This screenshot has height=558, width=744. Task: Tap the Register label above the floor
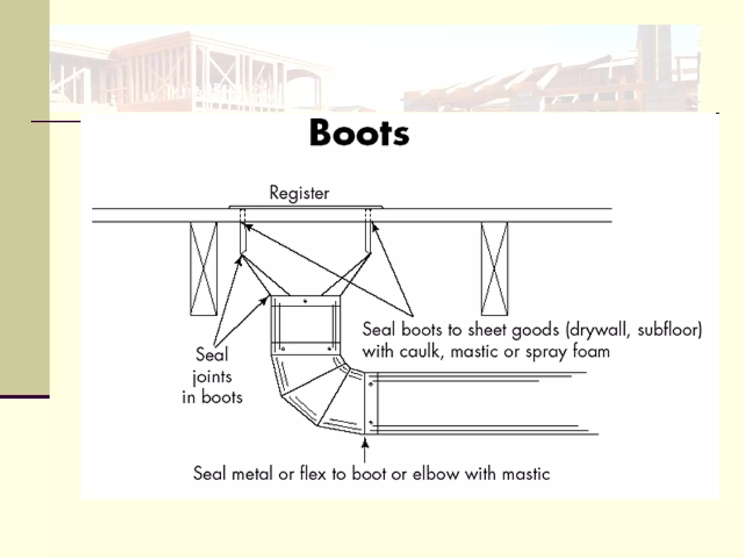tap(299, 193)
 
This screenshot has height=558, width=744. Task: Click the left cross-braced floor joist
tap(203, 268)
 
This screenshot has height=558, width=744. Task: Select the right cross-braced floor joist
tap(494, 268)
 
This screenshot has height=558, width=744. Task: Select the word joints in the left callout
tap(212, 377)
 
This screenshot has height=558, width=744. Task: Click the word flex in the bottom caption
tap(313, 474)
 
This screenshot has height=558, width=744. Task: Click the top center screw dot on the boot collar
tap(306, 301)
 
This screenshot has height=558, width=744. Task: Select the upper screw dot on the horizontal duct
tap(371, 384)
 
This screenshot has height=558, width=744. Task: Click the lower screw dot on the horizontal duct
tap(371, 422)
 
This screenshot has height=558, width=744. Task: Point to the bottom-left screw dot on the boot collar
tap(283, 349)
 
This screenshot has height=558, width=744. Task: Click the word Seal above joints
tap(212, 354)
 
